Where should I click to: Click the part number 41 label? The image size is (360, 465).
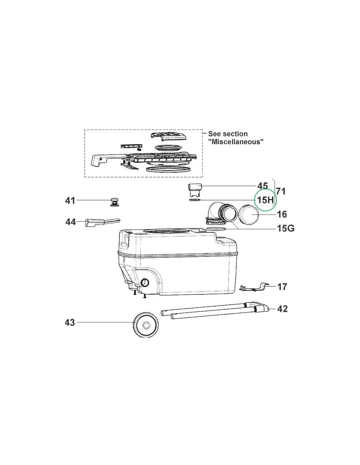point(70,201)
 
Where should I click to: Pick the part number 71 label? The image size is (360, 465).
point(280,191)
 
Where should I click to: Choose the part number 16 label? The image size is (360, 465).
point(281,214)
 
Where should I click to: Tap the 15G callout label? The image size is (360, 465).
point(286,229)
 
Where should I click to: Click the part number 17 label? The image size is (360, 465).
point(282,287)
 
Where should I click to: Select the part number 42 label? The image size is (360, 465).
point(282,309)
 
